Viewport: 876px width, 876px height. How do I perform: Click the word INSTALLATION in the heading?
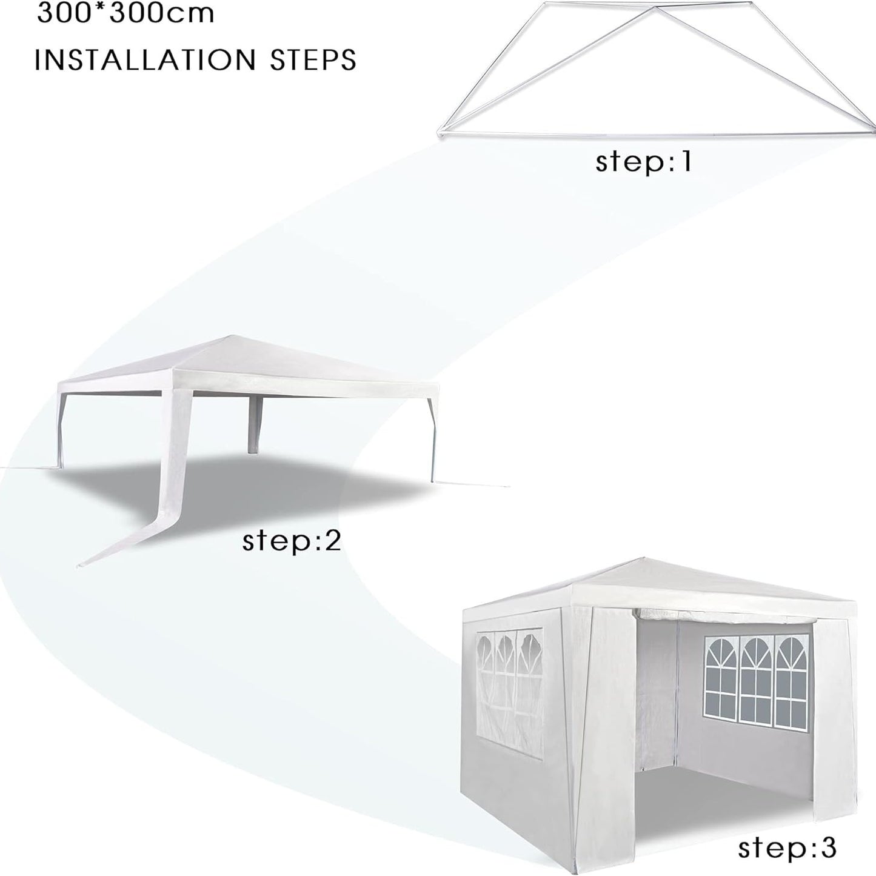pos(144,59)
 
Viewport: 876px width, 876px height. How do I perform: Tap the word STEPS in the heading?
pos(313,59)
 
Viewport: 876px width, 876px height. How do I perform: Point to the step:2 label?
pos(292,541)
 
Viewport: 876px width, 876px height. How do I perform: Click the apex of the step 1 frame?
pos(654,7)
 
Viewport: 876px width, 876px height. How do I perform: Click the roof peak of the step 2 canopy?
pos(232,337)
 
